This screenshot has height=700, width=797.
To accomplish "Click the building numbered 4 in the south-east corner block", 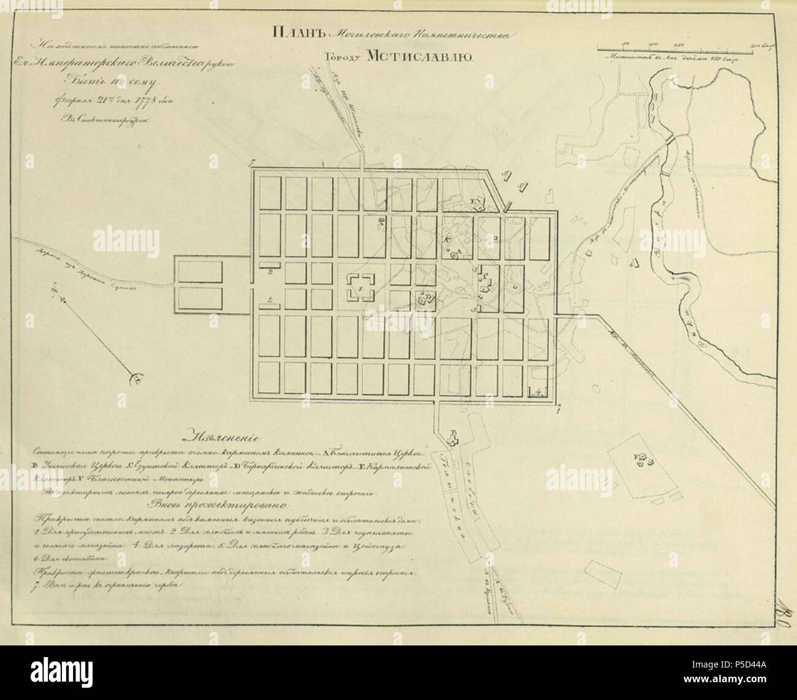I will point(537,390).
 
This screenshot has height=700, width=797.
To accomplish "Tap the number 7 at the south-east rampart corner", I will point(557,409).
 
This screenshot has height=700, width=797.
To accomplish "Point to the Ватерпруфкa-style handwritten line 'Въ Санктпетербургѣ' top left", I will point(107,121).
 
